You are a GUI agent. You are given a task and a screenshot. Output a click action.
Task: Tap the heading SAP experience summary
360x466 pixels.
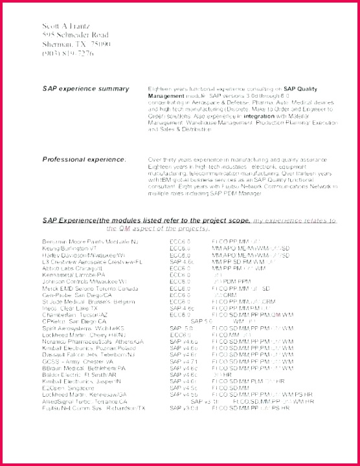[85, 88]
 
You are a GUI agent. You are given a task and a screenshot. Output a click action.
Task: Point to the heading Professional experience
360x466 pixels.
[84, 159]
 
